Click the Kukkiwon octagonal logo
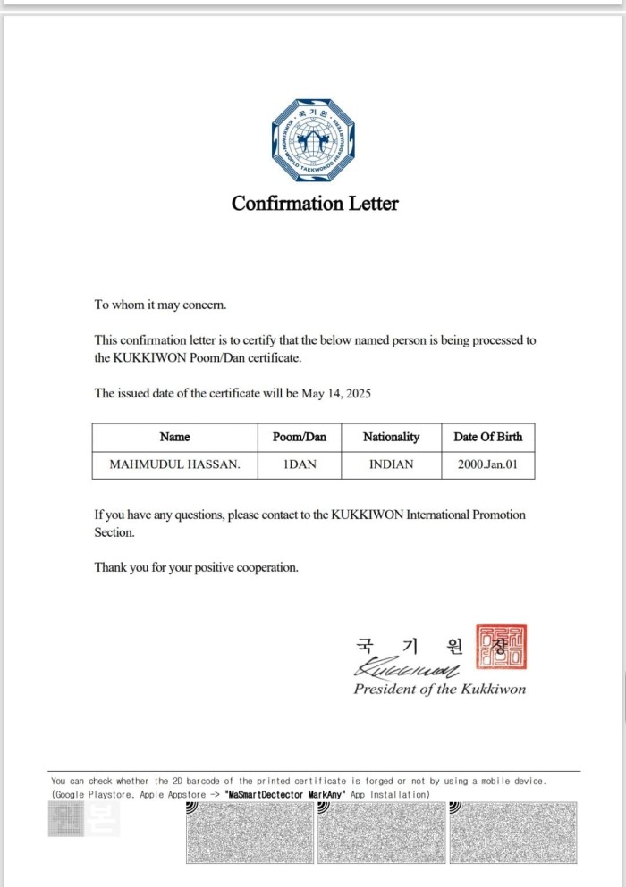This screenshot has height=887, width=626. click(315, 141)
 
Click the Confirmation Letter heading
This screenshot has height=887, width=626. click(315, 204)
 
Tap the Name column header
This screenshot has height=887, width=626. click(174, 437)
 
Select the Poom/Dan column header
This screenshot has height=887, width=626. click(300, 437)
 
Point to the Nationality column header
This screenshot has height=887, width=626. click(391, 437)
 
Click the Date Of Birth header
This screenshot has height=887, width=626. click(487, 437)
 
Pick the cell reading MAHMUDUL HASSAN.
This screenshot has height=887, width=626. click(174, 464)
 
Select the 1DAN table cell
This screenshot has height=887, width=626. click(300, 464)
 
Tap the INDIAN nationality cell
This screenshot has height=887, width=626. click(391, 464)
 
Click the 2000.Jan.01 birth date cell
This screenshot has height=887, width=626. click(487, 464)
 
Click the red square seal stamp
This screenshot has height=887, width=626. click(501, 646)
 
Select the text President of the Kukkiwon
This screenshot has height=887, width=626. click(439, 689)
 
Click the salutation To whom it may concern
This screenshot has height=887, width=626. click(161, 305)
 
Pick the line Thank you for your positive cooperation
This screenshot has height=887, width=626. click(197, 567)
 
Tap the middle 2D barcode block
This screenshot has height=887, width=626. click(380, 833)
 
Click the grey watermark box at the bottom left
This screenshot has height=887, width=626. click(82, 819)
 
